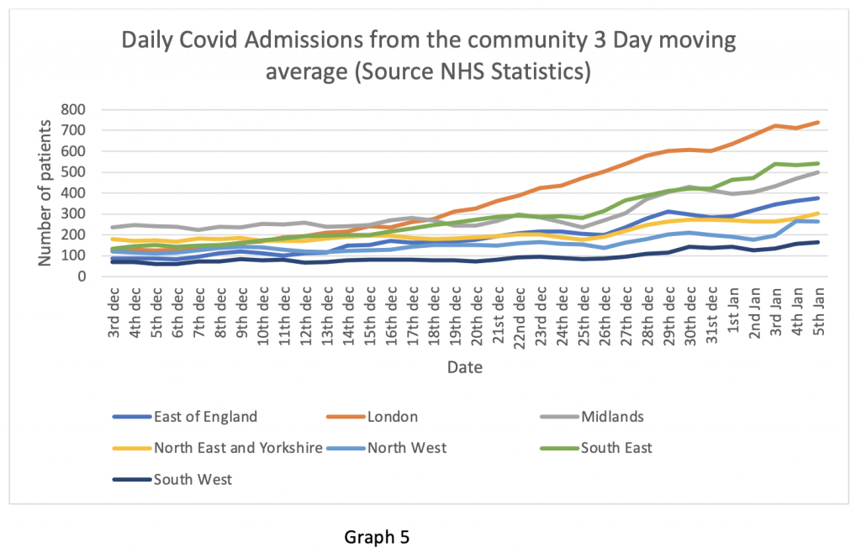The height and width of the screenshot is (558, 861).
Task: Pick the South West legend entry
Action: click(193, 480)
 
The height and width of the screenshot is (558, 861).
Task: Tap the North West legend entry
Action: click(407, 448)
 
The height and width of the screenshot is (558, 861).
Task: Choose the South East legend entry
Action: click(616, 448)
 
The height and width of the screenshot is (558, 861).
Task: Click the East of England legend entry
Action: click(206, 417)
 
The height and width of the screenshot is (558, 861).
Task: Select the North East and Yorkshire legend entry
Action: click(238, 448)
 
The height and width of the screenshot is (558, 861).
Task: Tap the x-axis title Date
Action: click(465, 367)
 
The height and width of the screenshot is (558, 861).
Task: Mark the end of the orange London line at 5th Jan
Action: click(818, 122)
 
